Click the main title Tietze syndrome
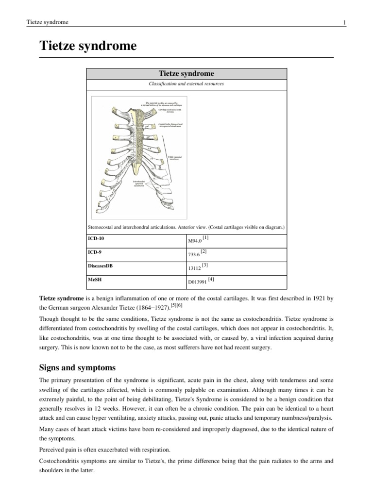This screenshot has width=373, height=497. [88, 47]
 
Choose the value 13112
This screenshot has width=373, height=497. [195, 267]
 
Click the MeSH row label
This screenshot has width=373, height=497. [94, 280]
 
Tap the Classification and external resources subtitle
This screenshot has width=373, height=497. [186, 84]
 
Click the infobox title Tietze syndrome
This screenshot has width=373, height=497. [186, 73]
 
